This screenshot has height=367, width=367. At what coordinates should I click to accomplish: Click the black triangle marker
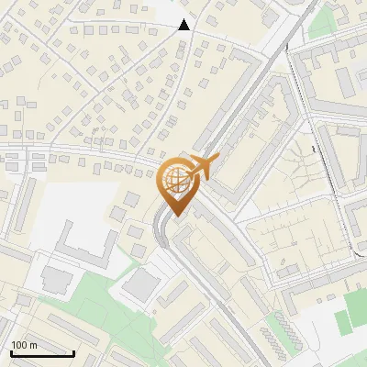[x=184, y=25]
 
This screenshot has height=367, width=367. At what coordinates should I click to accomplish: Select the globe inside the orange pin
[x=173, y=182]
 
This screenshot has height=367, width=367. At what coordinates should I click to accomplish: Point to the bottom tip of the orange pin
[x=174, y=217]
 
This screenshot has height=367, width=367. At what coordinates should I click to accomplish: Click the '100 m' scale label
[x=24, y=345]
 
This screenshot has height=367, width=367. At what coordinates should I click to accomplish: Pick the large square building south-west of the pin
[x=140, y=285]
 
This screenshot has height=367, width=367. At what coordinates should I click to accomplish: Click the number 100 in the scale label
[x=19, y=345]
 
